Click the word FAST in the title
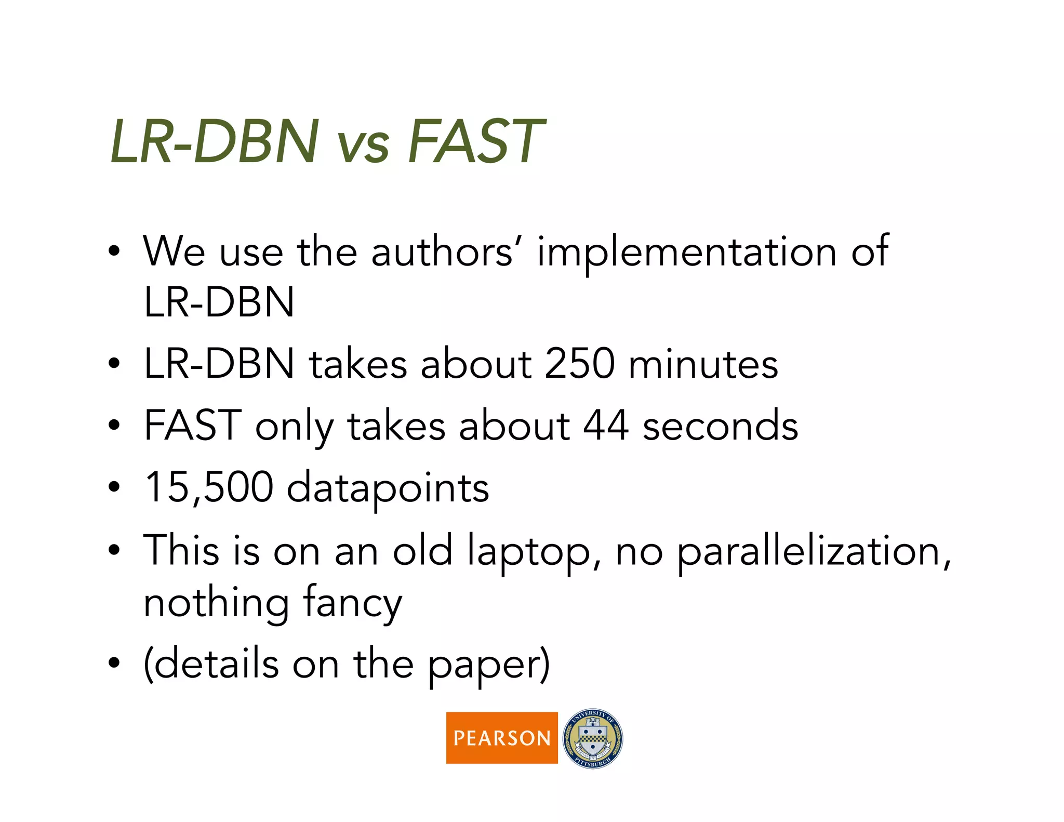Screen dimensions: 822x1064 coord(475,141)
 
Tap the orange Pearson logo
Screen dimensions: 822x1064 coord(501,737)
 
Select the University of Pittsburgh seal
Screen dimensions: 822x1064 coord(593,738)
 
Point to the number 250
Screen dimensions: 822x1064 coord(580,363)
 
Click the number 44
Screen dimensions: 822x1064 coord(606,426)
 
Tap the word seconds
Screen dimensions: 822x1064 coord(720,426)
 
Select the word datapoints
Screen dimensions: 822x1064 coord(388,488)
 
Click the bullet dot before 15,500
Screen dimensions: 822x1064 coord(114,488)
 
